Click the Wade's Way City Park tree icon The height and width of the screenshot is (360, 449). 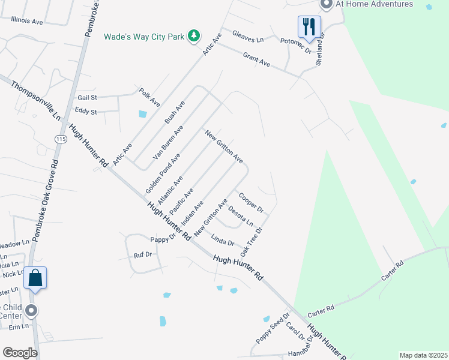193,37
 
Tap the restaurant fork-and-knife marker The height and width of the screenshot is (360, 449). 309,26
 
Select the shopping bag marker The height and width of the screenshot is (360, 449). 35,278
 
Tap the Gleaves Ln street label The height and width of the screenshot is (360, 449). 248,39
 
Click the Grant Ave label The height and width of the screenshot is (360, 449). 256,59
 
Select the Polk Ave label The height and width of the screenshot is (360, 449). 149,97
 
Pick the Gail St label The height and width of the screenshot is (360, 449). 87,97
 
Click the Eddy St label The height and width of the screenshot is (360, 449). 86,111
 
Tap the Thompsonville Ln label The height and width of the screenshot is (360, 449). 35,101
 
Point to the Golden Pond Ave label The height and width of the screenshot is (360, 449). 163,173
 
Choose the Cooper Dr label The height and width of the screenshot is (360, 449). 252,203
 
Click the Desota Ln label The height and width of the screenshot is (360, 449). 241,217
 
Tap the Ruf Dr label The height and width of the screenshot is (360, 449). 143,255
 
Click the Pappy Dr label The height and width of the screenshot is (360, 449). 163,238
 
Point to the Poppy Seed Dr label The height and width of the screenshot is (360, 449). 273,328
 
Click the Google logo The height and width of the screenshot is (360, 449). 20,353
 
